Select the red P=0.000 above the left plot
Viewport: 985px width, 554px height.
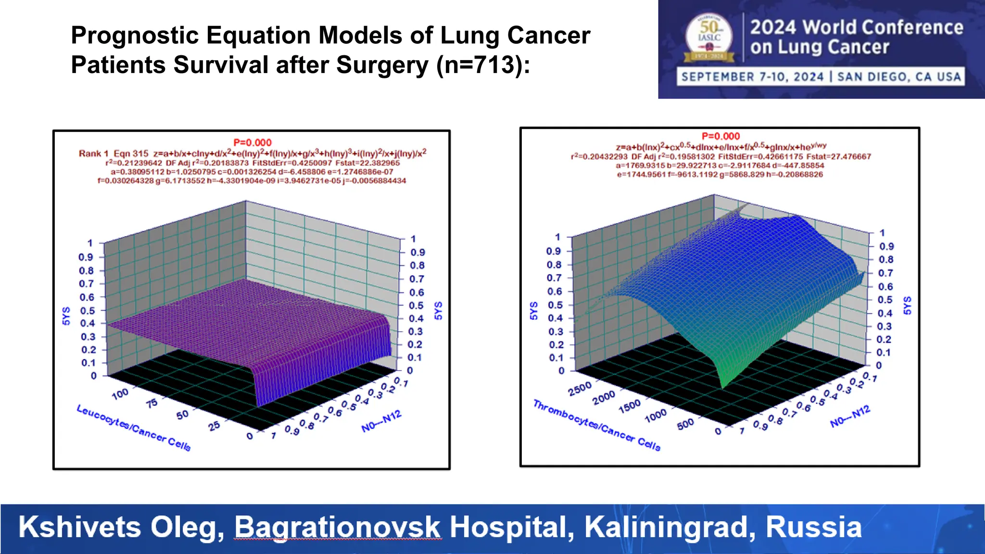252,142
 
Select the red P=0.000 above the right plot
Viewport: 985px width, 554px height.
720,136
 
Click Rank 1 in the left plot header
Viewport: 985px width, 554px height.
93,153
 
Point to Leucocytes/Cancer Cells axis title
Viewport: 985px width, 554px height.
134,428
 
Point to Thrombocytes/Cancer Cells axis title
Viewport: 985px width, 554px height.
597,425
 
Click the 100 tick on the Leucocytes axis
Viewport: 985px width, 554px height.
120,393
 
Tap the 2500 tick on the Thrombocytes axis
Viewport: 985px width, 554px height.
580,389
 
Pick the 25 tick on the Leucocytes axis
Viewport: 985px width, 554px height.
214,425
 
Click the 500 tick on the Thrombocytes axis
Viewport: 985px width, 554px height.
685,423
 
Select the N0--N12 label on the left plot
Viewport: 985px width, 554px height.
381,421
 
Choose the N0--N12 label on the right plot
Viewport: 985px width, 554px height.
850,416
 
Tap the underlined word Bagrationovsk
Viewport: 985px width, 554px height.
337,527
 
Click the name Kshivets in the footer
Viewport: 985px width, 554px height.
80,527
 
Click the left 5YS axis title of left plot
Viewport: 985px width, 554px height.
66,316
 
